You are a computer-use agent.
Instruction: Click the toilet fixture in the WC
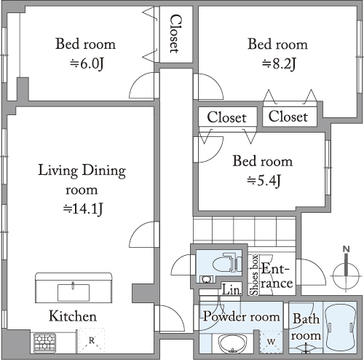[227, 262]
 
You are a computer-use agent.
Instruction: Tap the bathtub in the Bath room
[341, 328]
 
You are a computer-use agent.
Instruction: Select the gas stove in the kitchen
[44, 342]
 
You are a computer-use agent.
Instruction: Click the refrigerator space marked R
[91, 341]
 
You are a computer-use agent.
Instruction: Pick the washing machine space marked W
[271, 342]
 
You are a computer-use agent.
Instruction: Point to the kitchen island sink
[73, 292]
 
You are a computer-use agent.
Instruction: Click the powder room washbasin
[233, 343]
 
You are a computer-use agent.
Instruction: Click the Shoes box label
[254, 275]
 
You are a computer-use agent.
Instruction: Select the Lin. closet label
[231, 289]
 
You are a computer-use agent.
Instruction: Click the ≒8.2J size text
[278, 64]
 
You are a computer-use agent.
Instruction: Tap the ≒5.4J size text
[264, 181]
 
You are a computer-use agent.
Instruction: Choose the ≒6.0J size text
[86, 64]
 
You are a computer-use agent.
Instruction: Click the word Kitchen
[73, 316]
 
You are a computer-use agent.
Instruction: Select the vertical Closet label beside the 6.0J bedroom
[175, 34]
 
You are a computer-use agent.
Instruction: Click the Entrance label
[277, 275]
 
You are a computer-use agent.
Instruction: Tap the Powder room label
[242, 316]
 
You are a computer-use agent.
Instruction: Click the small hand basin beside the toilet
[205, 279]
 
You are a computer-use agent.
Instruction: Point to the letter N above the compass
[347, 249]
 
